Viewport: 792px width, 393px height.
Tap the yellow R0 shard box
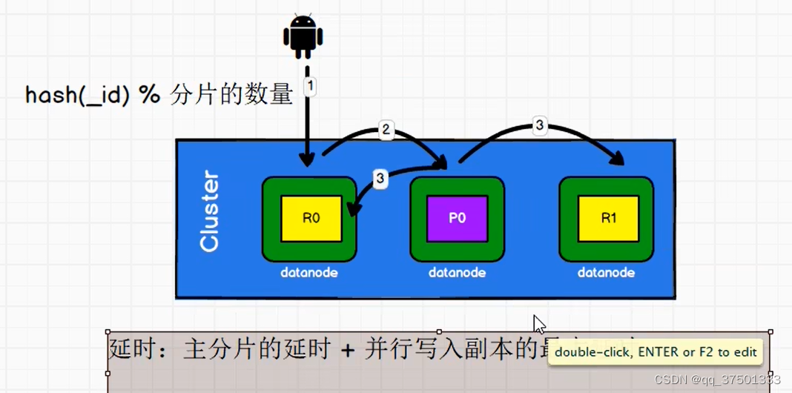[x=311, y=219]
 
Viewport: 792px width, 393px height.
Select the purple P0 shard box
[x=458, y=219]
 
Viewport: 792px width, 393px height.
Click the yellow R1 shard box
[x=608, y=219]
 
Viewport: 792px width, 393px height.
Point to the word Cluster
[x=210, y=212]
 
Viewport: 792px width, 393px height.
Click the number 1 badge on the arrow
[x=310, y=86]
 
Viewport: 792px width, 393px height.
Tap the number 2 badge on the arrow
[x=386, y=129]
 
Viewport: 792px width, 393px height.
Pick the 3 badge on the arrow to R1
[x=539, y=126]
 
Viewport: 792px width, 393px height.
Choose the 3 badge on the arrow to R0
[x=380, y=178]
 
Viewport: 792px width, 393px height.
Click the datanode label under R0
[x=309, y=272]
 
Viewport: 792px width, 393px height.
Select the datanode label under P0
[x=457, y=272]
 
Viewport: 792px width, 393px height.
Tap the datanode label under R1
[x=607, y=272]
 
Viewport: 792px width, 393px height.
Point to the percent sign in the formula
[x=149, y=95]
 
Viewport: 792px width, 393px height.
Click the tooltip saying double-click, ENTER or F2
[x=656, y=352]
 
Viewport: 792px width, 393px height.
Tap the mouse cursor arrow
[x=539, y=324]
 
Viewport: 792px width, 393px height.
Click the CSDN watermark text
[x=717, y=379]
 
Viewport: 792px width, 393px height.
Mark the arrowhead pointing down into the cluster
[x=307, y=159]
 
